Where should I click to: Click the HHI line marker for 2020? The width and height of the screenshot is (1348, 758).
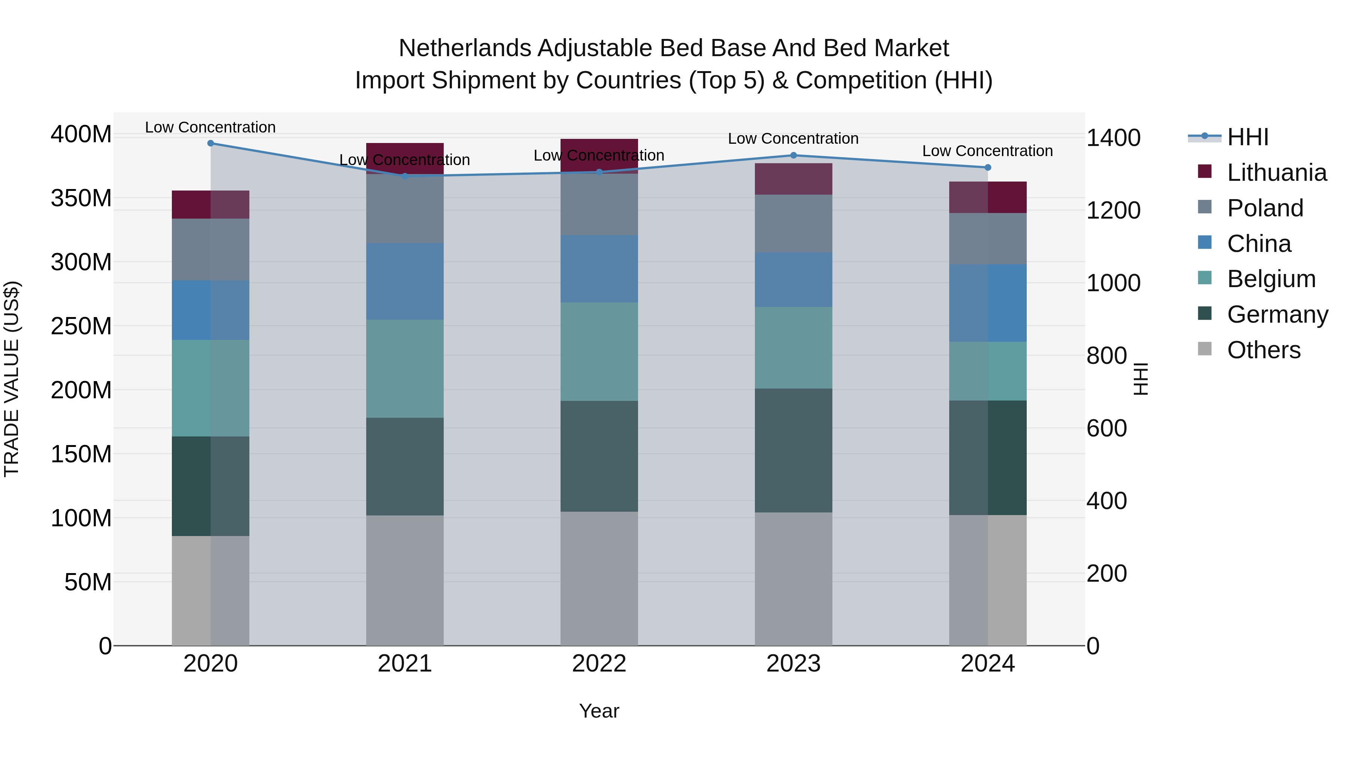click(210, 143)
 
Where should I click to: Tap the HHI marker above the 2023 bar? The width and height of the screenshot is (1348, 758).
click(793, 155)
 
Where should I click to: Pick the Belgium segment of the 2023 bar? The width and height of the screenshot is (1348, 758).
click(793, 347)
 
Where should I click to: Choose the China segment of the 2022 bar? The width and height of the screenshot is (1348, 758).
click(599, 268)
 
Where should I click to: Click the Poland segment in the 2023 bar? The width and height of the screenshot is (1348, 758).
click(793, 223)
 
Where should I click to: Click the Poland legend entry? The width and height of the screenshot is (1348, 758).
click(1265, 208)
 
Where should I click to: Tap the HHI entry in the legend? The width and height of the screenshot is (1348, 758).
click(1248, 137)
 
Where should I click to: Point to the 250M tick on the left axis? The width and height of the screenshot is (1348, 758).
click(81, 326)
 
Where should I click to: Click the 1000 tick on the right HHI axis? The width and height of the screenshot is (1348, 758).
click(1113, 283)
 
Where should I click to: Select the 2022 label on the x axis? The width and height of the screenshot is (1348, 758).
click(599, 663)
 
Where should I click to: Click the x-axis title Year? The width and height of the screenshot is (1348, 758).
click(599, 711)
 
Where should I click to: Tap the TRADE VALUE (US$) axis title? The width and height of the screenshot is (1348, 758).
click(12, 379)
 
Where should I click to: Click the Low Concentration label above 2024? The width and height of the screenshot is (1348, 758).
click(987, 150)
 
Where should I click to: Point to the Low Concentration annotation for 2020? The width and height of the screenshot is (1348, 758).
click(210, 127)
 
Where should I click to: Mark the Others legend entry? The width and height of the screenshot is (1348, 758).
click(1263, 350)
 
